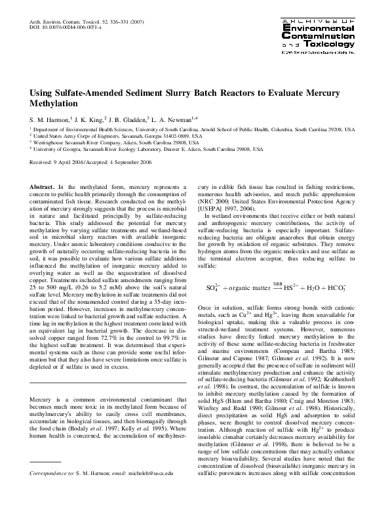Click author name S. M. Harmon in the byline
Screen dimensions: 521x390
[51, 120]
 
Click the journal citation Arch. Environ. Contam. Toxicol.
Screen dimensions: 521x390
[66, 22]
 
